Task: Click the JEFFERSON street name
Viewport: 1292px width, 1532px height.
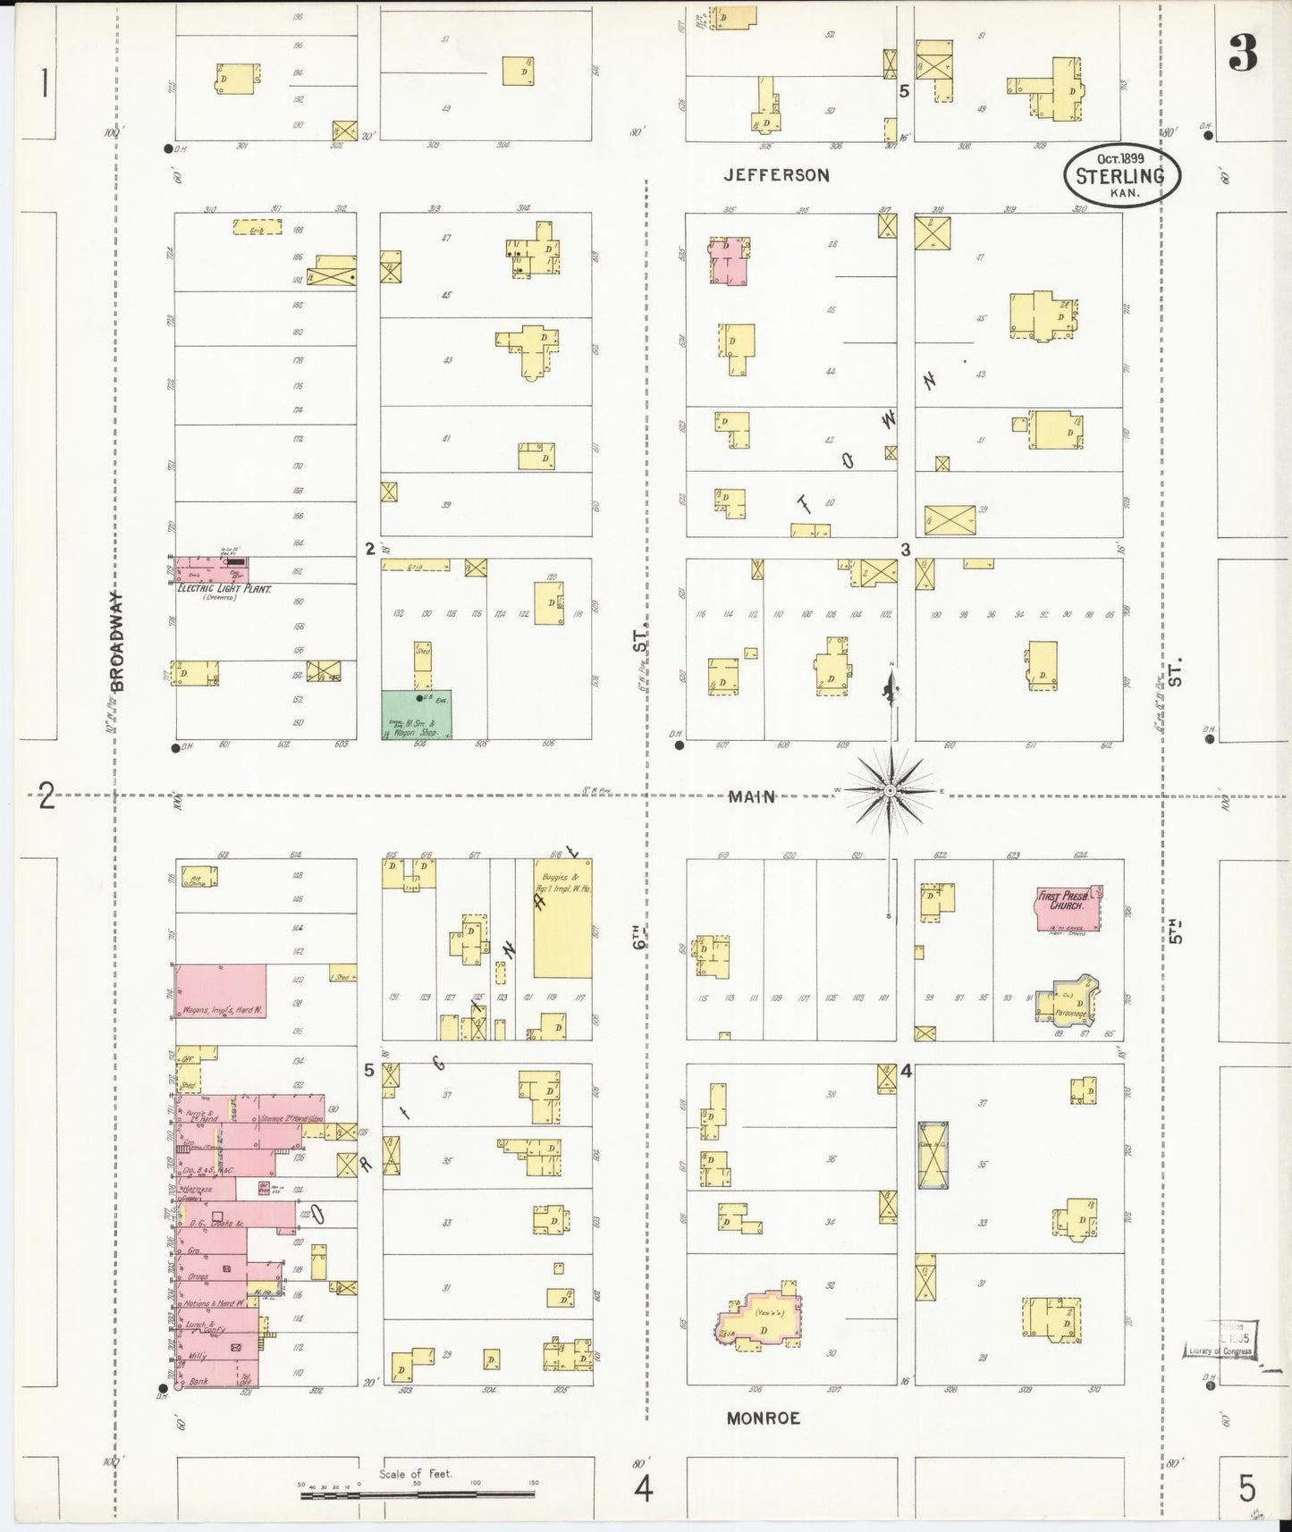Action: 776,175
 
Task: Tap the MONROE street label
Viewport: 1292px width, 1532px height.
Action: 763,1418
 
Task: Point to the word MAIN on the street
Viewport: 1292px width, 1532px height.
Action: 751,795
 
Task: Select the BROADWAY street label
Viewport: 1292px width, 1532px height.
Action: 117,641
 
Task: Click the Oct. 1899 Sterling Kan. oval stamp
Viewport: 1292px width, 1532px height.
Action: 1121,176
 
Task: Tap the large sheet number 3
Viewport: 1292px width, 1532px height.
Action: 1242,54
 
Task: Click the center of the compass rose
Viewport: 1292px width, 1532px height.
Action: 890,791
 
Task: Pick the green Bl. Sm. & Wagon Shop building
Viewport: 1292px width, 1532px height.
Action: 417,715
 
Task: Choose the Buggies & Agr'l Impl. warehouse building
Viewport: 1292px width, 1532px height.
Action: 562,918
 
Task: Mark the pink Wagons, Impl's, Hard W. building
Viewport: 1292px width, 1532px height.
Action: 220,993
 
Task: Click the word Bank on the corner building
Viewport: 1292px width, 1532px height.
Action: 198,1381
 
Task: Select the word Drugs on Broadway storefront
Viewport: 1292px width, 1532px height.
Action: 198,1276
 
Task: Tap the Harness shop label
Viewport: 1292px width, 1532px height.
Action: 197,1190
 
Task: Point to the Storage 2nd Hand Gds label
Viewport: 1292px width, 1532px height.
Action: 291,1119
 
